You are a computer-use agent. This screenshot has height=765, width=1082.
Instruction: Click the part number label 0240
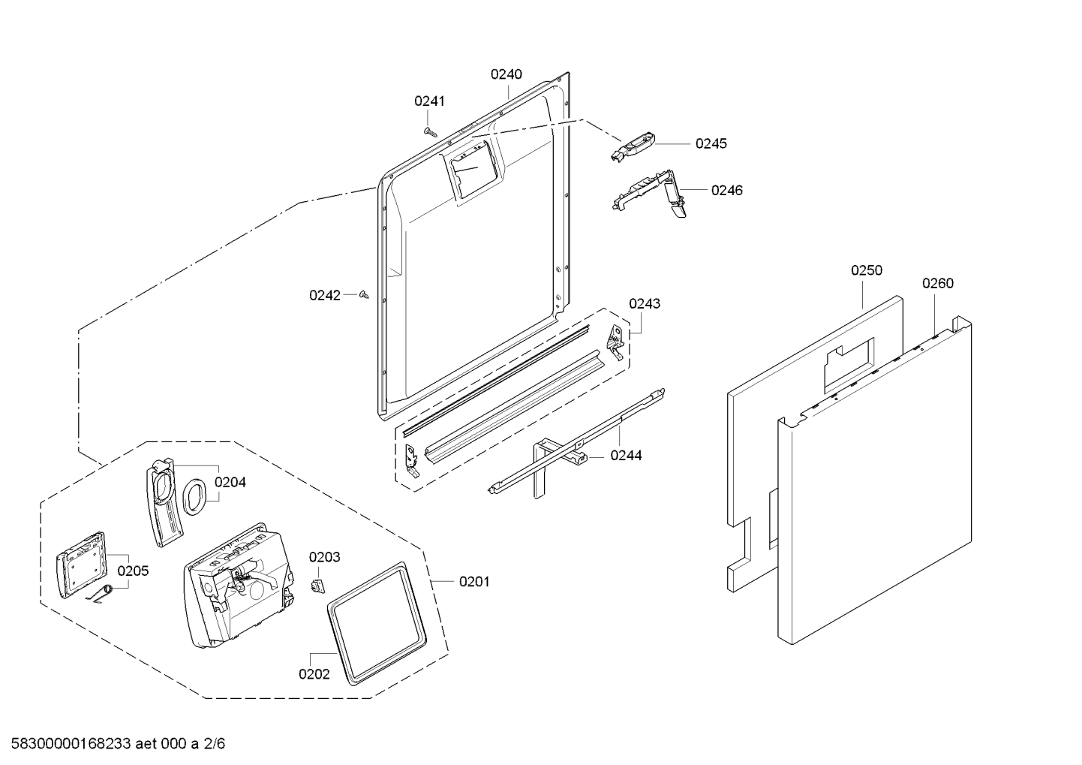click(506, 74)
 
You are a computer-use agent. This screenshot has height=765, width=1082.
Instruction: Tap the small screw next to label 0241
click(429, 131)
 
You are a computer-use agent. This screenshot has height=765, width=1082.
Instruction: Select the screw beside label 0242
click(365, 295)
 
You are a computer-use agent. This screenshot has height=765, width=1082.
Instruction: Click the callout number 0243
click(645, 303)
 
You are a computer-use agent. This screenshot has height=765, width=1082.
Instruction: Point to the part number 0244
click(626, 455)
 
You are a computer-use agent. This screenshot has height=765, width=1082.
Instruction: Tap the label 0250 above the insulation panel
click(866, 270)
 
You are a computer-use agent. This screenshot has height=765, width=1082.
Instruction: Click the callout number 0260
click(938, 283)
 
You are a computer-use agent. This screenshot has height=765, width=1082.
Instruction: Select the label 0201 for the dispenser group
click(473, 581)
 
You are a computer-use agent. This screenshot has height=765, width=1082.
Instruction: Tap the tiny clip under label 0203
click(317, 584)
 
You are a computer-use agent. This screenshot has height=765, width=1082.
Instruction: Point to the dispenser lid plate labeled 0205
click(80, 564)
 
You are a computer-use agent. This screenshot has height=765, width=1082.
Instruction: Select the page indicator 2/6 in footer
click(214, 744)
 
